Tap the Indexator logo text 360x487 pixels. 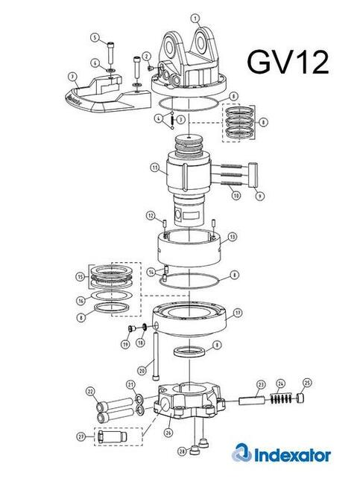(288, 453)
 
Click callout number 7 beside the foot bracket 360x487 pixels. (72, 76)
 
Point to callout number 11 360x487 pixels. (154, 169)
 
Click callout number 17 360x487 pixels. (238, 312)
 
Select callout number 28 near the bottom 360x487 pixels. (181, 451)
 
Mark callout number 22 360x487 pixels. (91, 390)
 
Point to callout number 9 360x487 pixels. (260, 196)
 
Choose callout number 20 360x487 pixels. (142, 370)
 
